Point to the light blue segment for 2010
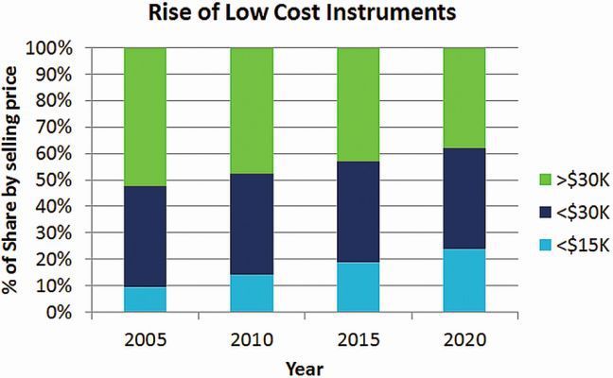tap(252, 293)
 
